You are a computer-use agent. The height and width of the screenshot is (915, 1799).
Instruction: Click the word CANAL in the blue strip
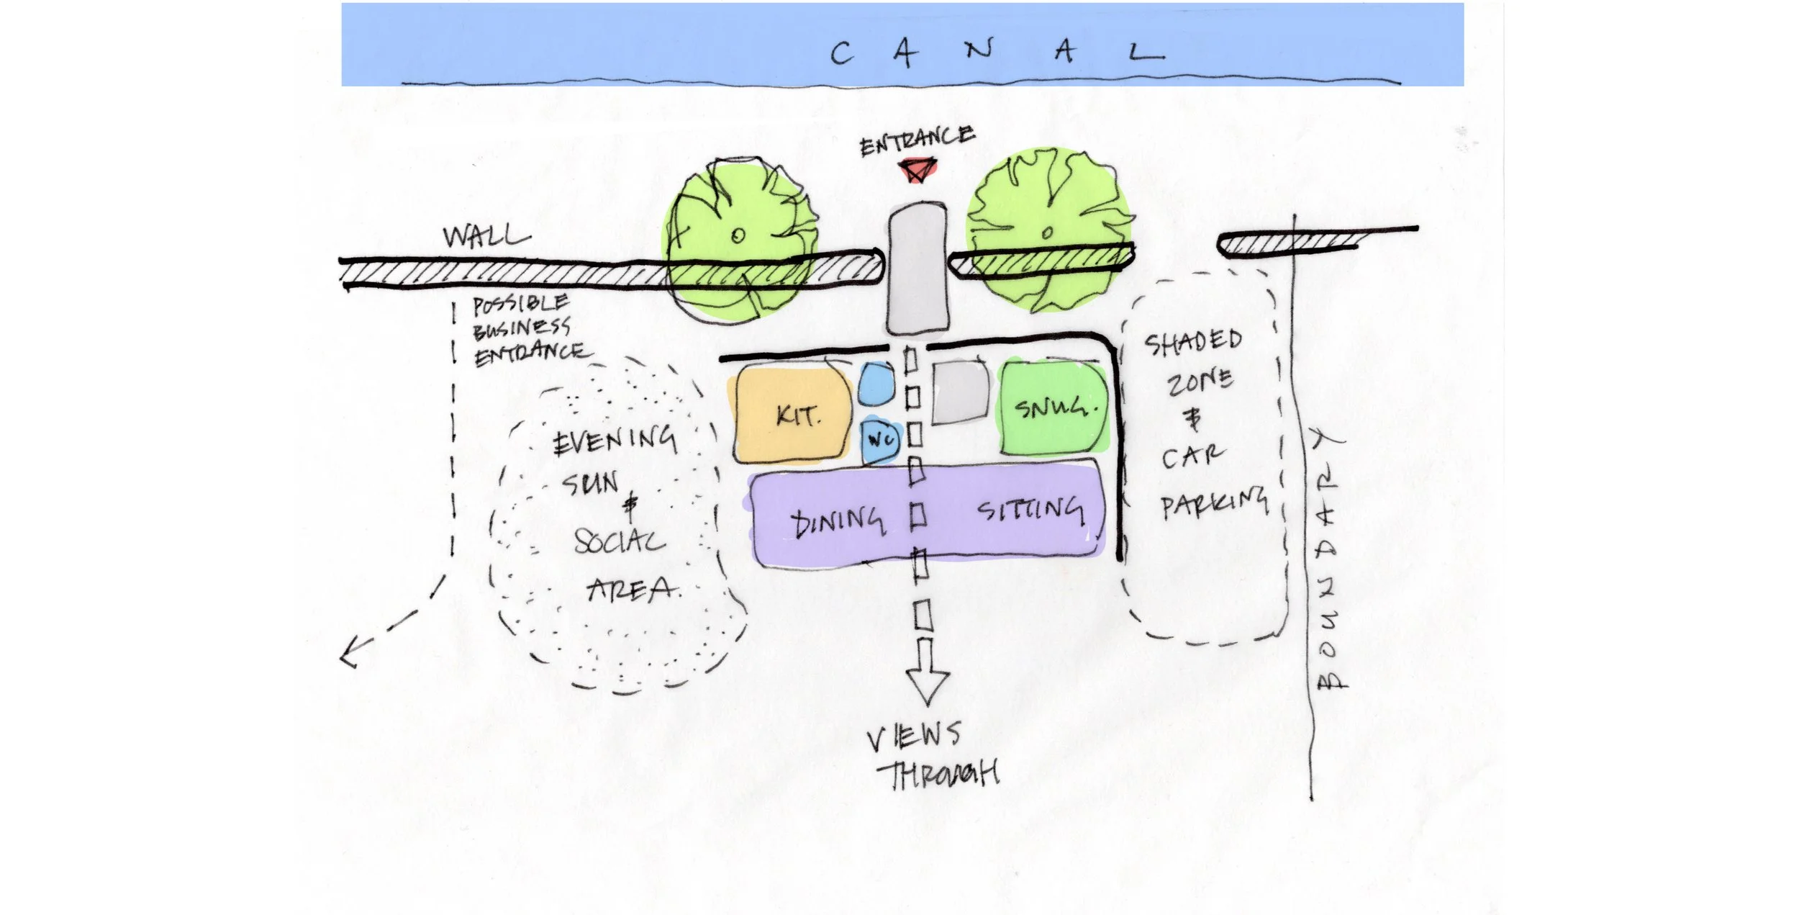pos(996,53)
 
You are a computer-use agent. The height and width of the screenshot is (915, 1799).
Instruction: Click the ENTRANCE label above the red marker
pos(917,140)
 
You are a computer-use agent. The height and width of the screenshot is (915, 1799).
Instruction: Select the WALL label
pos(486,235)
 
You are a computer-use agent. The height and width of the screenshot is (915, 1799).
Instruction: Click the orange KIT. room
pos(793,416)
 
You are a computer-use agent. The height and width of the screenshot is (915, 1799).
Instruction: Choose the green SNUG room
pos(1055,409)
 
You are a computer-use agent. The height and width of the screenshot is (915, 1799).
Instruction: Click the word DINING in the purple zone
pos(837,522)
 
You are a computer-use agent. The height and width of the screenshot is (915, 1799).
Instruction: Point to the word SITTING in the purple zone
pos(1030,510)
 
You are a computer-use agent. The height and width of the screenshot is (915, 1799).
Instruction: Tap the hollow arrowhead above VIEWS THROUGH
pos(927,684)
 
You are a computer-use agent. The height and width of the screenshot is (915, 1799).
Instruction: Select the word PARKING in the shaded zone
pos(1213,502)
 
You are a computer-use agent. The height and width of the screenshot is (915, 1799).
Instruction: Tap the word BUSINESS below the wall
pos(521,328)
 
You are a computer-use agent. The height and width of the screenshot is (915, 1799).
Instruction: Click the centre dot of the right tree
pos(1048,233)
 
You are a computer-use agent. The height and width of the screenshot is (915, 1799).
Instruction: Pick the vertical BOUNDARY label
pos(1328,562)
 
